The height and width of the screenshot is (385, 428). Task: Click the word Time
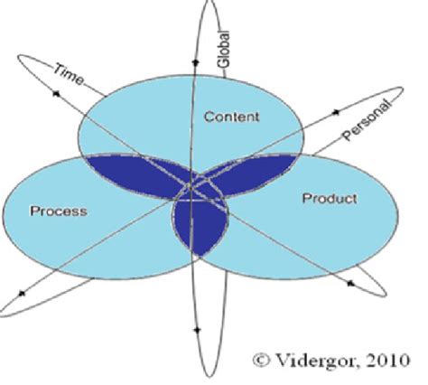[69, 74]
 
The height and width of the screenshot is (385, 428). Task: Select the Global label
[224, 49]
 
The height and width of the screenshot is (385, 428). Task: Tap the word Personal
[368, 120]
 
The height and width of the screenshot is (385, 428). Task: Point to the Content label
[231, 117]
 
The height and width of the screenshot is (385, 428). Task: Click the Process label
[59, 211]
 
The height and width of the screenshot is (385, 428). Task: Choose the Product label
[330, 199]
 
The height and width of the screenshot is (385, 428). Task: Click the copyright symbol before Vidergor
[261, 361]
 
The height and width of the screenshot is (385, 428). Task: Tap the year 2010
[388, 361]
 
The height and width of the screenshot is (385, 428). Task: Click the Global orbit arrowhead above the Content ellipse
[195, 62]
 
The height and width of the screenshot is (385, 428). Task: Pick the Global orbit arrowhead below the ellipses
[197, 331]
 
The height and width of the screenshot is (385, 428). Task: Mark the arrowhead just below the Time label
[56, 94]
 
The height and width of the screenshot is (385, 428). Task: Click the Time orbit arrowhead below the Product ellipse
[350, 284]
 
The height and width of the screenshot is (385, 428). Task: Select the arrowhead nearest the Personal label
[336, 112]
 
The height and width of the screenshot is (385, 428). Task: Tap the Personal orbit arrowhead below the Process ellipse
[22, 293]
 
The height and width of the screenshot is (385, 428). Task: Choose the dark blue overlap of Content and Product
[250, 174]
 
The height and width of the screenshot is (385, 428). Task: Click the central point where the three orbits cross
[191, 189]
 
